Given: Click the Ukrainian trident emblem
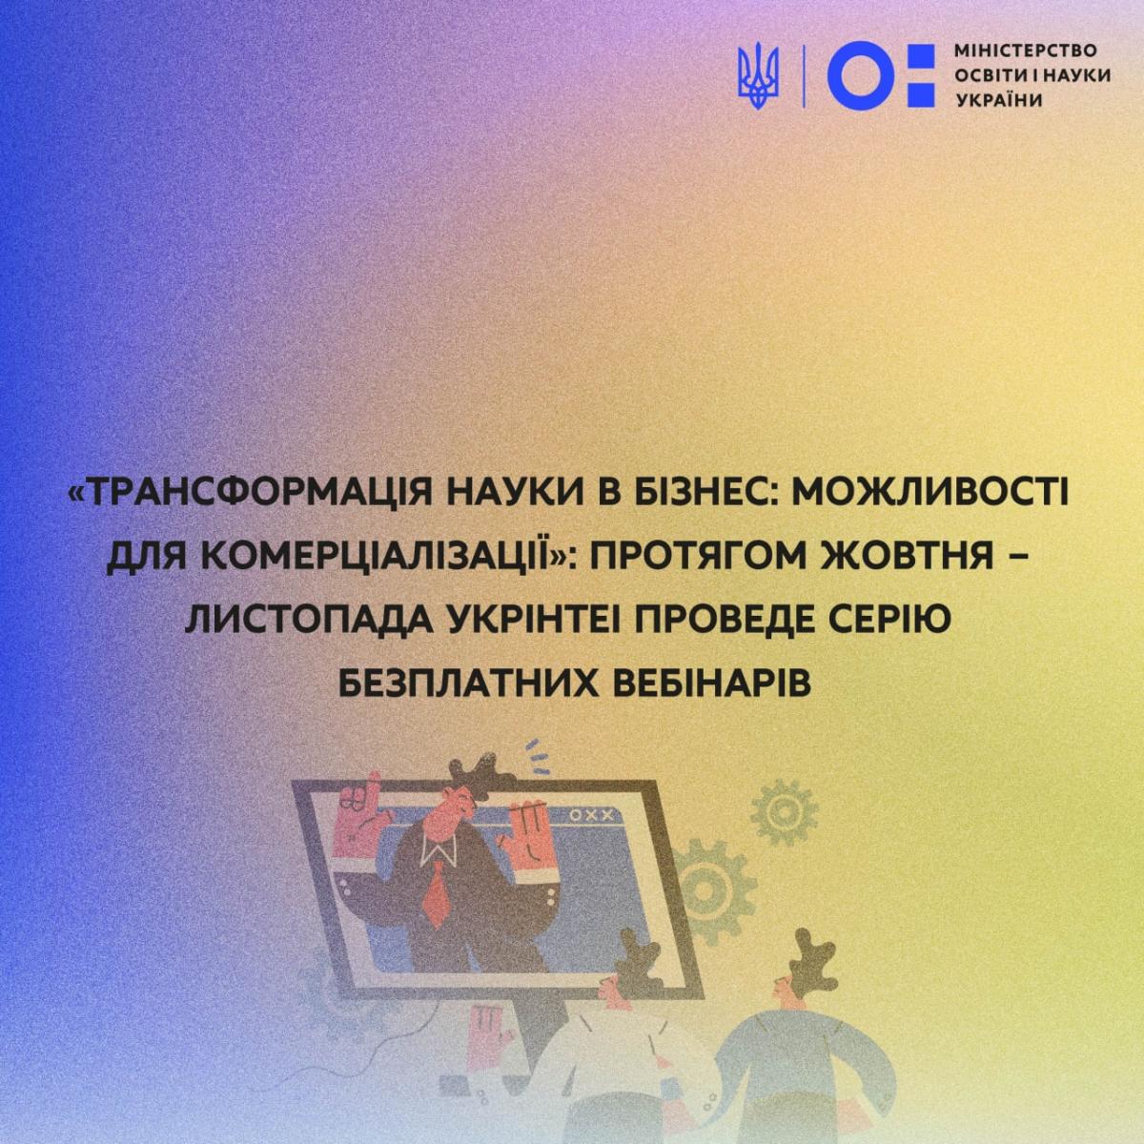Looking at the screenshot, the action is click(759, 77).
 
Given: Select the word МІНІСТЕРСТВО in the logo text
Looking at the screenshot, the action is click(1026, 51).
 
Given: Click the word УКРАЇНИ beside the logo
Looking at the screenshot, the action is click(999, 100).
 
